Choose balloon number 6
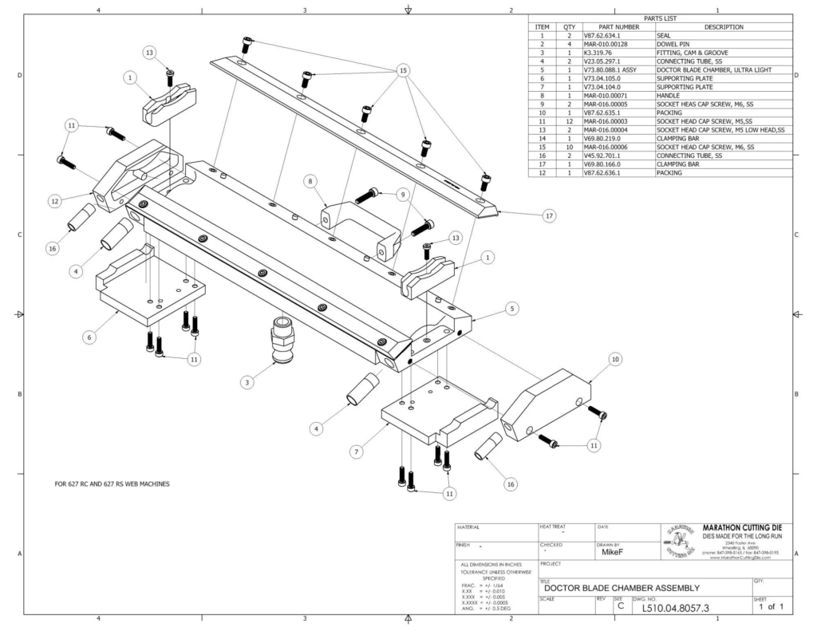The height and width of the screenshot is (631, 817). [x=89, y=337]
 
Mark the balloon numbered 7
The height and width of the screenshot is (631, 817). [x=357, y=452]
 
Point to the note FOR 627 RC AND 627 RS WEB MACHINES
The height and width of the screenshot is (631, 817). [x=112, y=484]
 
